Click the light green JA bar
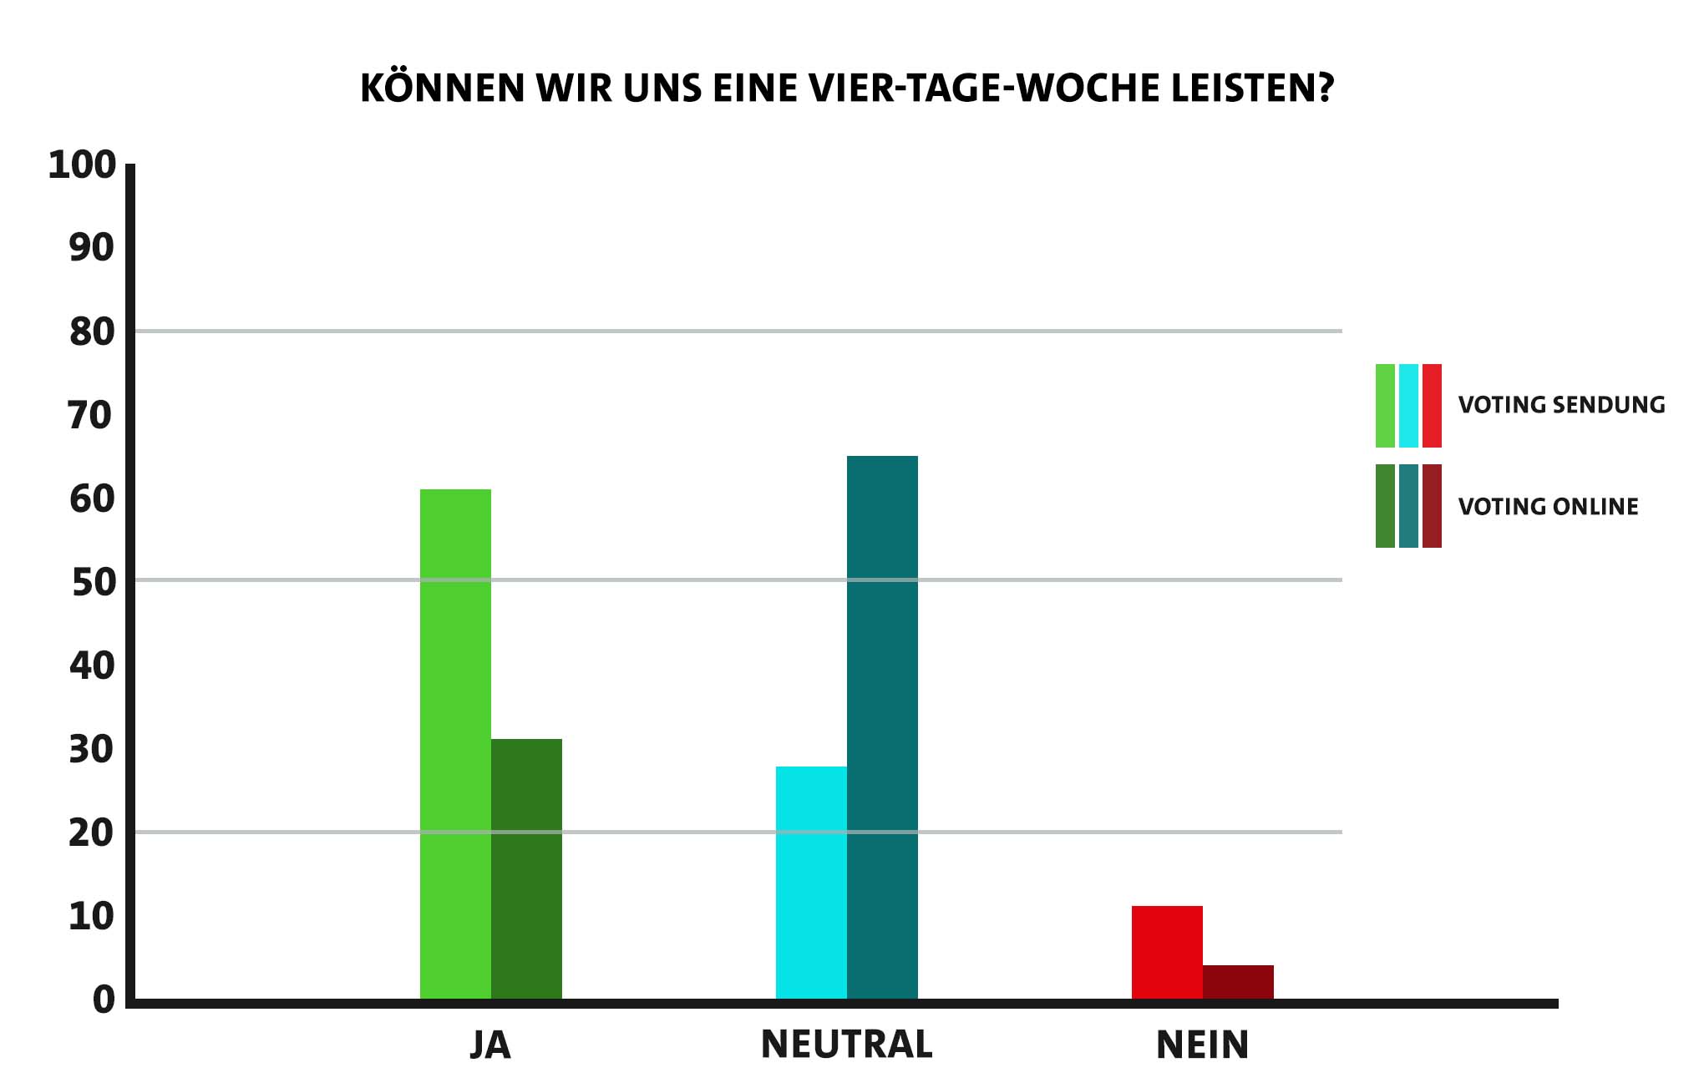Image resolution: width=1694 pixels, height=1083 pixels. tap(455, 743)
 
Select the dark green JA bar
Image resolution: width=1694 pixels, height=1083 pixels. tap(526, 868)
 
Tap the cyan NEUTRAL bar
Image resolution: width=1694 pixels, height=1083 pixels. tap(811, 882)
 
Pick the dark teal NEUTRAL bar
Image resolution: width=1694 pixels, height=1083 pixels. tap(882, 726)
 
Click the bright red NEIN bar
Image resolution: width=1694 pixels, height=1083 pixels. tap(1167, 952)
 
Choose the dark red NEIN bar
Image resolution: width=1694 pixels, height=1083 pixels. tap(1238, 982)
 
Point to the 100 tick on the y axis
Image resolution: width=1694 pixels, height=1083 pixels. tap(82, 165)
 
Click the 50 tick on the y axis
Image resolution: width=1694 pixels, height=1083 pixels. tap(93, 582)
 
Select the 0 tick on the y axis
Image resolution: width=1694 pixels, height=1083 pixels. tap(104, 999)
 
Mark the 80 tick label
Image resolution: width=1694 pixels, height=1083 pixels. tap(92, 332)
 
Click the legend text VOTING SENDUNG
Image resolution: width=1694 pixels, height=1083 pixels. tap(1561, 406)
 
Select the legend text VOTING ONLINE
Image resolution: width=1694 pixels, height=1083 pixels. tap(1548, 507)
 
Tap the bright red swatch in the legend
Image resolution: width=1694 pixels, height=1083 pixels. tap(1432, 406)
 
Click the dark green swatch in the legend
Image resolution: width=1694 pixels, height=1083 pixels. tap(1385, 506)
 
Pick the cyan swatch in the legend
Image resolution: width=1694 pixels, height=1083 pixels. tap(1408, 406)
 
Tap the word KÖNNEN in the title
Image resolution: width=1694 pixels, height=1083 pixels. tap(442, 88)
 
